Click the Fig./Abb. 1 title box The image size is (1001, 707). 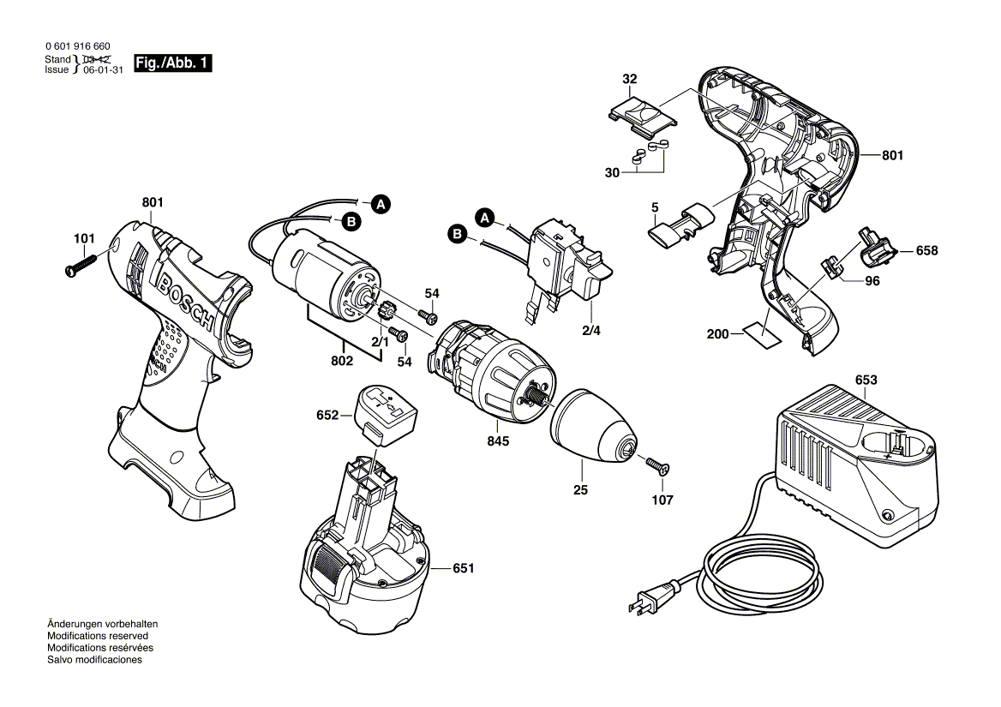tap(173, 64)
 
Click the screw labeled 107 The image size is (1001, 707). tap(658, 466)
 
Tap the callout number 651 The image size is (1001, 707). tap(462, 568)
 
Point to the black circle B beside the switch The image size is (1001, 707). tap(458, 233)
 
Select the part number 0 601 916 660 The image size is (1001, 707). tap(77, 45)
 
